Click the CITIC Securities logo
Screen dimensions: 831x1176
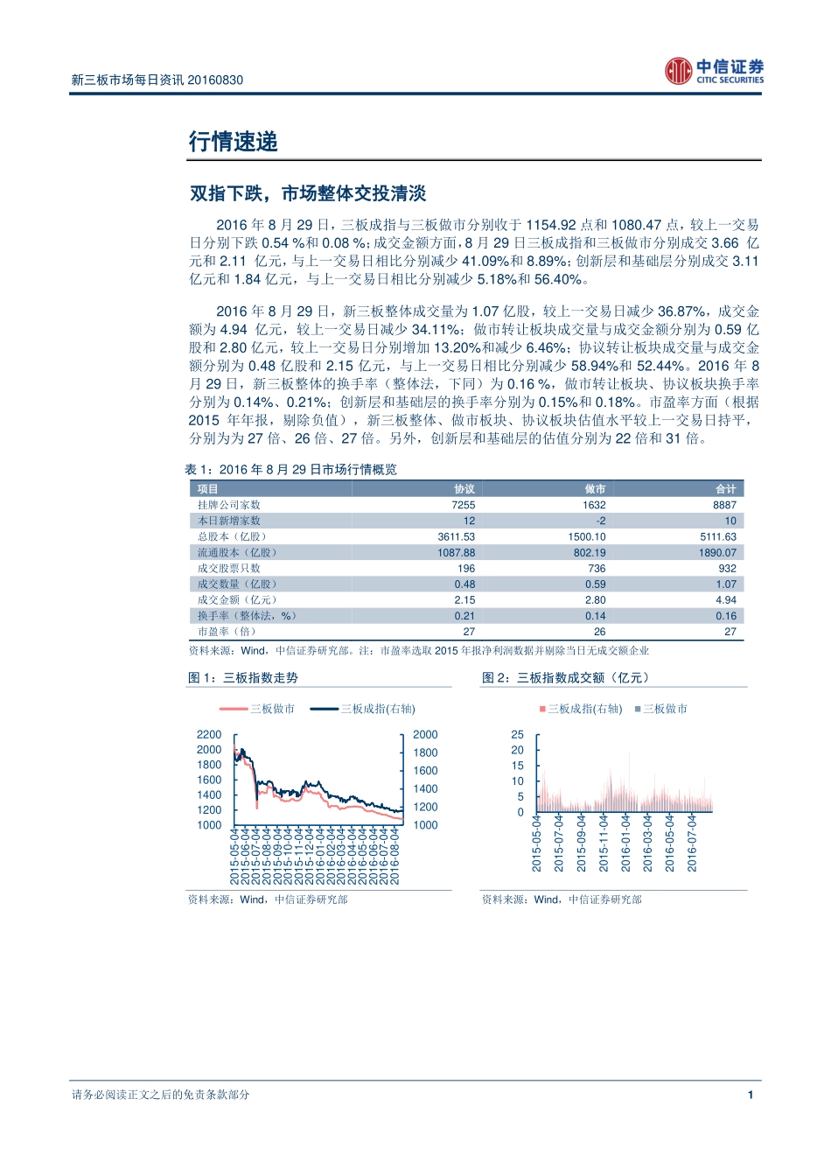tap(714, 71)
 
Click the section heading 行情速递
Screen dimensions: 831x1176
tap(234, 142)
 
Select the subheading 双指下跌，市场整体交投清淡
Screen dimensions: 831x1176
tap(308, 193)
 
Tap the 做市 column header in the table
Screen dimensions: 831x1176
tap(595, 489)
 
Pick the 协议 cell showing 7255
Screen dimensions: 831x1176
tap(463, 505)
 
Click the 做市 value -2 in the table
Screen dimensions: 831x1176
tap(600, 521)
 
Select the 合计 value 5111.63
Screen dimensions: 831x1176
tap(717, 536)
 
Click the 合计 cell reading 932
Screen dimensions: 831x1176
tap(727, 568)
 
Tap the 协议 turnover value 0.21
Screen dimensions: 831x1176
tap(464, 615)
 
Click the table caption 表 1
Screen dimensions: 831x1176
tap(290, 470)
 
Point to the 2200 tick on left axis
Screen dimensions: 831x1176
tap(209, 735)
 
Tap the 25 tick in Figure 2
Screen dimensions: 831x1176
tap(517, 735)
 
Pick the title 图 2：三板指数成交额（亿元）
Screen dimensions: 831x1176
tap(565, 678)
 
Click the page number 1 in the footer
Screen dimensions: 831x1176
tap(750, 1095)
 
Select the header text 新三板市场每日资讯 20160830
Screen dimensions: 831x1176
tap(157, 80)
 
